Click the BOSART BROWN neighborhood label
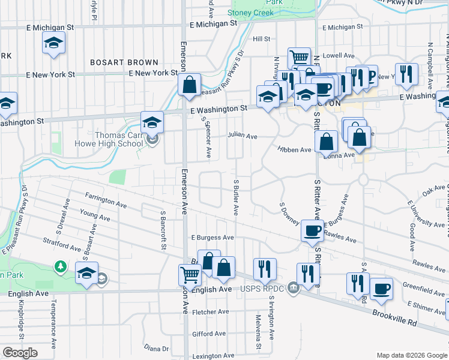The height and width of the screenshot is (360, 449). coord(124,62)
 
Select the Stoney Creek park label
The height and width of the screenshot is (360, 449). coord(251,13)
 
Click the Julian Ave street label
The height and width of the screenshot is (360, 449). coord(242,136)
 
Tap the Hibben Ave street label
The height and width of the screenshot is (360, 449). coord(294,149)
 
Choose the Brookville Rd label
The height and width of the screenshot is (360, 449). coord(394,317)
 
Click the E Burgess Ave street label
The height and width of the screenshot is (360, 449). coord(212,238)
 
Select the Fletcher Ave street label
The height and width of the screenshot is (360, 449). coord(211,311)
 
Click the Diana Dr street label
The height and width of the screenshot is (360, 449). coord(157,348)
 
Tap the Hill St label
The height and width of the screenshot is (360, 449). coord(262,39)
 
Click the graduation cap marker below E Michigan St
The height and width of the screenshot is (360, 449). coord(53,43)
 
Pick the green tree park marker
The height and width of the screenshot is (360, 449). coord(60,265)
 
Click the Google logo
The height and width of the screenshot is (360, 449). coord(20,353)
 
